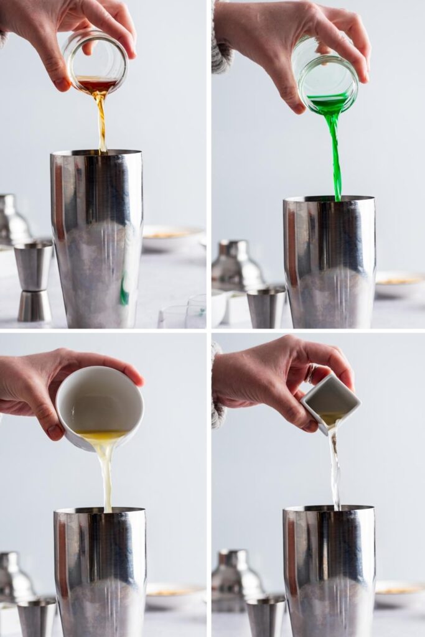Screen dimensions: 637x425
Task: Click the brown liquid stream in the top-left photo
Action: click(101, 121)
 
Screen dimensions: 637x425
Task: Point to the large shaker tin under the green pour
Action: click(329, 261)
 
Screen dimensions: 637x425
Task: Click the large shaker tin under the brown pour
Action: click(97, 239)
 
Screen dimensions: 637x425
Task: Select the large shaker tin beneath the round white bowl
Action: click(100, 572)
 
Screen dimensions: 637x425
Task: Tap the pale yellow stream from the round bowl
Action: click(106, 473)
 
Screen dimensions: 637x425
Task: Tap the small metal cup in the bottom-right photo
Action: click(266, 616)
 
